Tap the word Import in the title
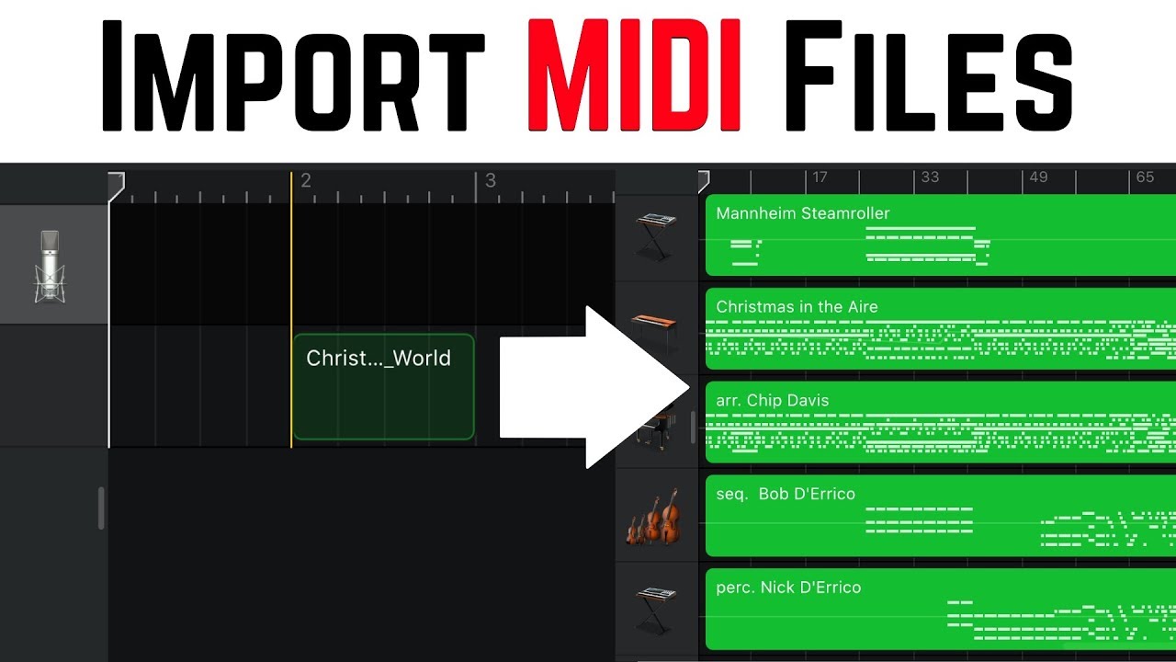pyautogui.click(x=292, y=78)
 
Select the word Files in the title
pyautogui.click(x=928, y=78)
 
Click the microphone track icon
pyautogui.click(x=51, y=267)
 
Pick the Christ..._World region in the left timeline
pyautogui.click(x=383, y=386)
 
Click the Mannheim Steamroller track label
pyautogui.click(x=803, y=213)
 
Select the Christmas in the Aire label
pyautogui.click(x=797, y=307)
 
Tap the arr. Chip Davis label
pyautogui.click(x=772, y=401)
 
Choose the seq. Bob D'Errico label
pyautogui.click(x=786, y=495)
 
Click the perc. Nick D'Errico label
pyautogui.click(x=788, y=588)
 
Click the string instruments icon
pyautogui.click(x=654, y=517)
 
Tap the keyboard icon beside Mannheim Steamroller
pyautogui.click(x=656, y=235)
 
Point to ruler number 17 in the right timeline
pyautogui.click(x=820, y=177)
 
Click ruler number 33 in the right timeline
pyautogui.click(x=930, y=177)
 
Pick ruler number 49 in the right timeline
pyautogui.click(x=1038, y=177)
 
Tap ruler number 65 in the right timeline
pyautogui.click(x=1145, y=177)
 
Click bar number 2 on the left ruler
pyautogui.click(x=306, y=181)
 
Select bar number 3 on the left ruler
pyautogui.click(x=491, y=181)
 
